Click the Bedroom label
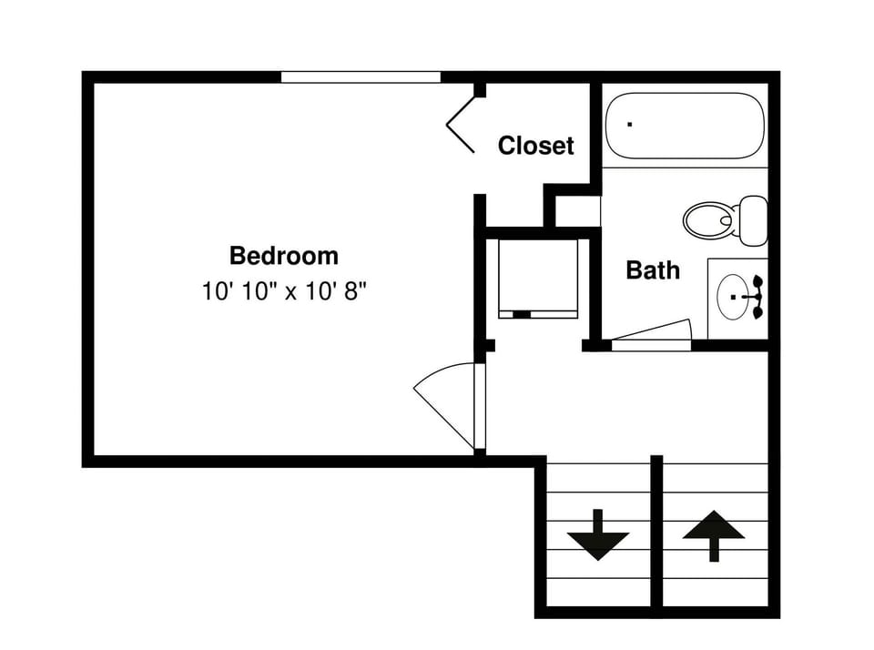283,255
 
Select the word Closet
536,146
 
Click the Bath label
653,269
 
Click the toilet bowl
708,219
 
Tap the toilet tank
752,219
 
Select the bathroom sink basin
733,296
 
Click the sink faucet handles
757,298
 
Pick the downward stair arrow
598,535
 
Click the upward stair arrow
714,535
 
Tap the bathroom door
650,334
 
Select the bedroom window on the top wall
361,77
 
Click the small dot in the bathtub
629,123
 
